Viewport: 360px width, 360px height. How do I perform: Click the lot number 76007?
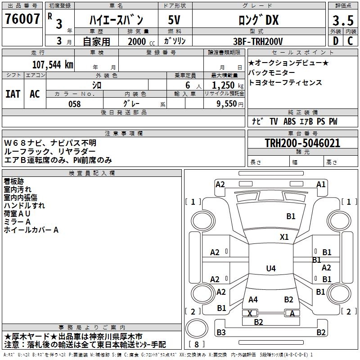click(22, 19)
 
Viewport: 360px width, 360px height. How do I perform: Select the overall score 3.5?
click(343, 20)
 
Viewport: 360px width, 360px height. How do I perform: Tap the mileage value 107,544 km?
click(53, 65)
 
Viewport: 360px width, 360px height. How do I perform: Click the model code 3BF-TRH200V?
click(258, 41)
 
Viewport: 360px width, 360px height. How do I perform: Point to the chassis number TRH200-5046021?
click(302, 143)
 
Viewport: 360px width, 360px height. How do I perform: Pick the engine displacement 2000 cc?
click(141, 41)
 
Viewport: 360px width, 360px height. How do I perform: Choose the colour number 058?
click(75, 104)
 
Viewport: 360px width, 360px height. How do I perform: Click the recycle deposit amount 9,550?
click(227, 103)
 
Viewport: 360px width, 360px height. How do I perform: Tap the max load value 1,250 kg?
click(228, 85)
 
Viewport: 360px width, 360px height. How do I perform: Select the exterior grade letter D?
click(336, 41)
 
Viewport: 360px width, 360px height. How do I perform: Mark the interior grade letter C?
click(350, 41)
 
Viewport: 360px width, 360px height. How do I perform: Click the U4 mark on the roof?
click(271, 268)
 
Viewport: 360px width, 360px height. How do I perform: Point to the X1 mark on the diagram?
click(284, 237)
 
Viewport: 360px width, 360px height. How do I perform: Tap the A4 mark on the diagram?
click(253, 300)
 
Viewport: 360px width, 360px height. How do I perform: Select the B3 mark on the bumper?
click(221, 332)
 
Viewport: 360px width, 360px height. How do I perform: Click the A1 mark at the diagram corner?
click(321, 184)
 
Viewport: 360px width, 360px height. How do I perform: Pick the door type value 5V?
click(174, 20)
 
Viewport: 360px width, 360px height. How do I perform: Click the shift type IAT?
click(13, 94)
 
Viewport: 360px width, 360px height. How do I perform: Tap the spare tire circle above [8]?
click(197, 328)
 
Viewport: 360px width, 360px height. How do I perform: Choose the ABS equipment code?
click(289, 121)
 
